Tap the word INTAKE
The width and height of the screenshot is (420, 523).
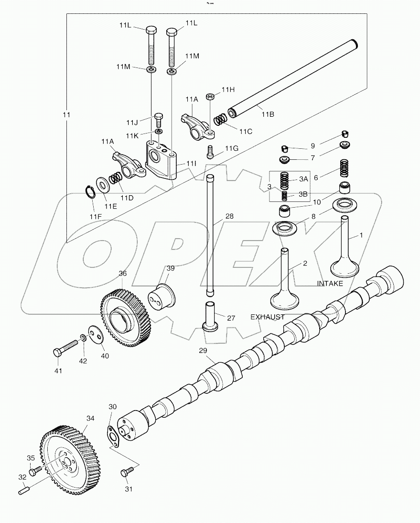point(330,284)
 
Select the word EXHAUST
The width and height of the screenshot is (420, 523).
point(268,317)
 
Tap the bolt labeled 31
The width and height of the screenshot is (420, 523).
point(126,473)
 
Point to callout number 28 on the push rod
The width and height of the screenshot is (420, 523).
point(229,217)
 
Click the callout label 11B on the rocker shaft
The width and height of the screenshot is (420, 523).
point(268,115)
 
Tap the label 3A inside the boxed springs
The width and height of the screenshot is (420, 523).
point(303,179)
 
